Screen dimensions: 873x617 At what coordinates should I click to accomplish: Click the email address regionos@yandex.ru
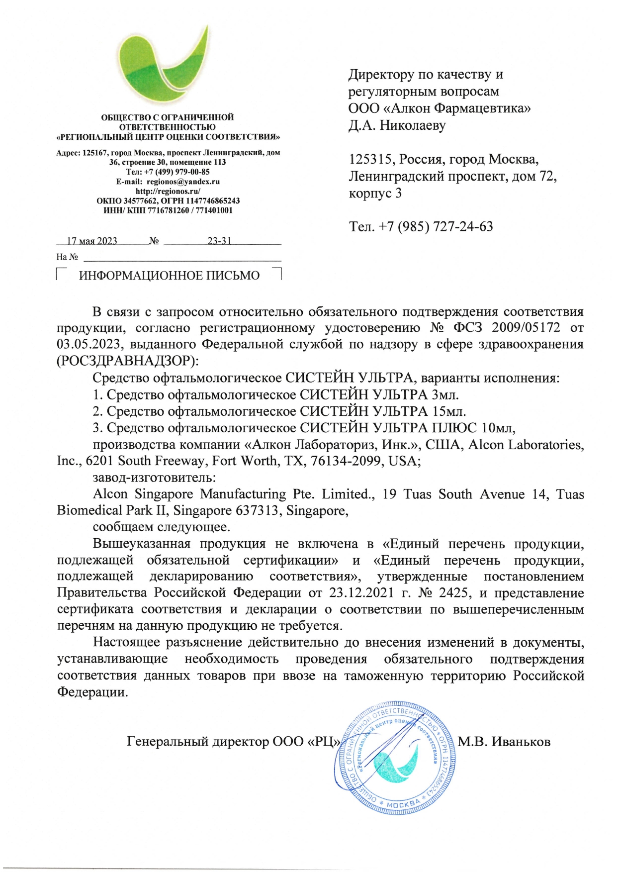(183, 182)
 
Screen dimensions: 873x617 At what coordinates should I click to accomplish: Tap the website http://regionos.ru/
(168, 191)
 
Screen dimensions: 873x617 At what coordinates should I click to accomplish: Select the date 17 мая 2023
(92, 241)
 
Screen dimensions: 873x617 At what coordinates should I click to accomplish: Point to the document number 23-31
(219, 241)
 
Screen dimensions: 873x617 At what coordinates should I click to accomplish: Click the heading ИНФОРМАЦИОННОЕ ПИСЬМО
(169, 276)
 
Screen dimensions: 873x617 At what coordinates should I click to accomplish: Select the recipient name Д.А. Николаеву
(397, 125)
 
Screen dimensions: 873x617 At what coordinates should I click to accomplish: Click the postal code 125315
(370, 159)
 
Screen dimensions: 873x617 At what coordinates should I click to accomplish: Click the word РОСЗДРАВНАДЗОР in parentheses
(124, 361)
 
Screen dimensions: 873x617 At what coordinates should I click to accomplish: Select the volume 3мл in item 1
(445, 394)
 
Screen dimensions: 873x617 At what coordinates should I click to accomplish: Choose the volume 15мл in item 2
(448, 411)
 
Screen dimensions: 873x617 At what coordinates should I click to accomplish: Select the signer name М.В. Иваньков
(504, 742)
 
